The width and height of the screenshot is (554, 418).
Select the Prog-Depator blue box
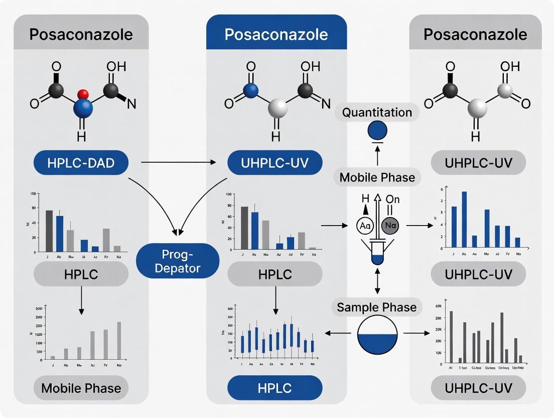[x=178, y=260]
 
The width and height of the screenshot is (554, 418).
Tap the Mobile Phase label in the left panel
[x=81, y=388]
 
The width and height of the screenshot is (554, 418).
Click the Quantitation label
[x=377, y=113]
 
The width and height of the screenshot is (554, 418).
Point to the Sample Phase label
[x=376, y=307]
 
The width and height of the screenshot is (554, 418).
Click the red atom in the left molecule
[x=84, y=94]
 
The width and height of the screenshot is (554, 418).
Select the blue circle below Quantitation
[x=377, y=132]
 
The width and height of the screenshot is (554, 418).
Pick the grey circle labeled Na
[x=391, y=226]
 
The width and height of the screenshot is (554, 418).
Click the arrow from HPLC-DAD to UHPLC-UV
[x=178, y=162]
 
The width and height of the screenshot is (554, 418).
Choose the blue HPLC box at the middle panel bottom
[x=274, y=388]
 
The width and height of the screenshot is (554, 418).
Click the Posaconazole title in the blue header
[x=276, y=35]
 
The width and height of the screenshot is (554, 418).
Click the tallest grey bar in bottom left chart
[x=119, y=340]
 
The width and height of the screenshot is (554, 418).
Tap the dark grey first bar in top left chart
[x=49, y=231]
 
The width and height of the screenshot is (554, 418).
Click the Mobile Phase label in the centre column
[x=377, y=177]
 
